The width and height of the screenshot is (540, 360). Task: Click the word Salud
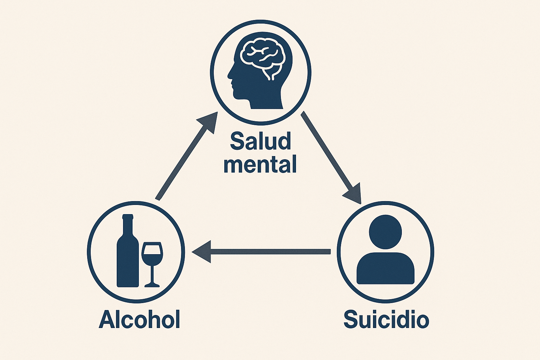click(261, 141)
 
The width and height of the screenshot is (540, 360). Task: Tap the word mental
click(260, 164)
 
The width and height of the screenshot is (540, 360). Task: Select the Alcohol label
click(140, 320)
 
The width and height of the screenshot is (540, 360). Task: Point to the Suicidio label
click(386, 320)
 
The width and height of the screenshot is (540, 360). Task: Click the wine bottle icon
click(128, 255)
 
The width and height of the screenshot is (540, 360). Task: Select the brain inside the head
click(262, 56)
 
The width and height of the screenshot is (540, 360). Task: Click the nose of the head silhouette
click(229, 75)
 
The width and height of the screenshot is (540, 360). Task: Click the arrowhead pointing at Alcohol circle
click(201, 251)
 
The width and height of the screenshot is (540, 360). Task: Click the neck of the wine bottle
click(128, 223)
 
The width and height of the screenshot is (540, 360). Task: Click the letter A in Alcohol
click(107, 320)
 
